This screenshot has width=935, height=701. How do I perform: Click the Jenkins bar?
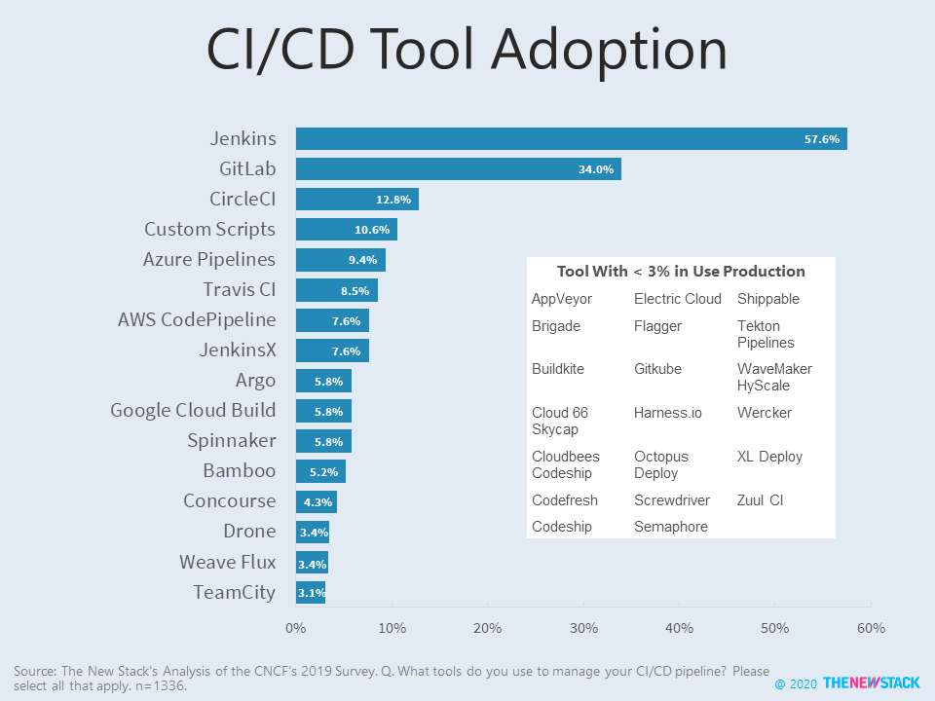pos(571,139)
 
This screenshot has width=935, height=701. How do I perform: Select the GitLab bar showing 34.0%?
pos(458,169)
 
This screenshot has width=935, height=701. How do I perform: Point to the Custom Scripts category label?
pos(209,230)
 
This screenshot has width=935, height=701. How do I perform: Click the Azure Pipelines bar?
pos(340,260)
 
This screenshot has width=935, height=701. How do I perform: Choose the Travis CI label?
pos(239,290)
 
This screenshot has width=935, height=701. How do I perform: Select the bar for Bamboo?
pos(320,471)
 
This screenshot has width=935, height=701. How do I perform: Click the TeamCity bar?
pos(310,592)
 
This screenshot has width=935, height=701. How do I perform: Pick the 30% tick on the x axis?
pos(582,629)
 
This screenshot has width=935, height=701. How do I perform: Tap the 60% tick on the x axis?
pos(870,629)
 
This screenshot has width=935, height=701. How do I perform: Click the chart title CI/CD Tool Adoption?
pos(467,51)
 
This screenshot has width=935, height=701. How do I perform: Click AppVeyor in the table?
pos(561,299)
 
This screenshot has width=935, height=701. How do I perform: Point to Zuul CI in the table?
pos(760,500)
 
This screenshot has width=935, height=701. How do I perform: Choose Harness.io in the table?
pos(667,413)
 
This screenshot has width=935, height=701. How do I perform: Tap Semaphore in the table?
pos(670,527)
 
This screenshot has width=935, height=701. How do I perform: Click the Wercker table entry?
pos(764,413)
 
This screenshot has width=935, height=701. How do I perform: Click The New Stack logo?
pos(871,683)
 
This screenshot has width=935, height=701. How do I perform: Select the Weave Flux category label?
pos(227,563)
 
